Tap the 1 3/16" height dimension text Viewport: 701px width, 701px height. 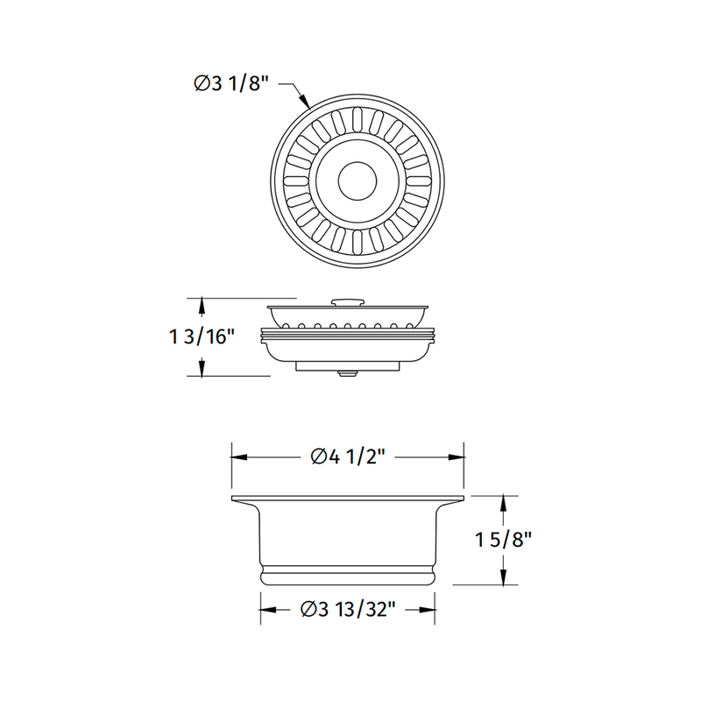point(203,336)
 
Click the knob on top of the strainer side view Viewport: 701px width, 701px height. point(348,301)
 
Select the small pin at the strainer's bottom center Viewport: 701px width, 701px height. point(348,374)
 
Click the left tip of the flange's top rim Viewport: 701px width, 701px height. point(232,499)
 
